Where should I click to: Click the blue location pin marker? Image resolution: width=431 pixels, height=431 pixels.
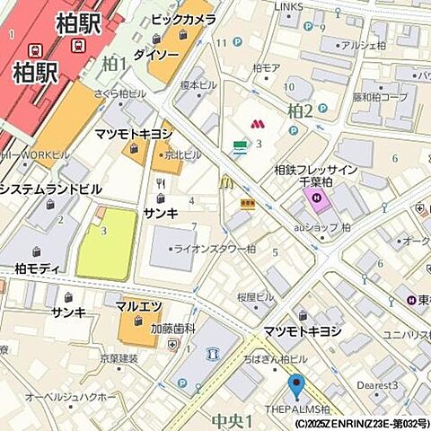click(x=295, y=386)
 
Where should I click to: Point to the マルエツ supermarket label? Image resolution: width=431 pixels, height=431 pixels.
click(x=138, y=305)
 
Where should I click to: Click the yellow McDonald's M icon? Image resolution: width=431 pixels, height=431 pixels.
click(x=226, y=183)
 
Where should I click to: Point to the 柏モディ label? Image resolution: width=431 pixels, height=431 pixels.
click(x=37, y=268)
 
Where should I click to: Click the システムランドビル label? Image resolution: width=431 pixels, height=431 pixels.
click(x=50, y=189)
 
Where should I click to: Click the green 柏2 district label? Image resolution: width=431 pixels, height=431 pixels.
click(x=299, y=110)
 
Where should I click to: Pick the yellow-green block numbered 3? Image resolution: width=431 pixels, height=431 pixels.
click(x=107, y=243)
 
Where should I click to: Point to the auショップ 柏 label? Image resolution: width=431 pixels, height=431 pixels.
click(x=321, y=227)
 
